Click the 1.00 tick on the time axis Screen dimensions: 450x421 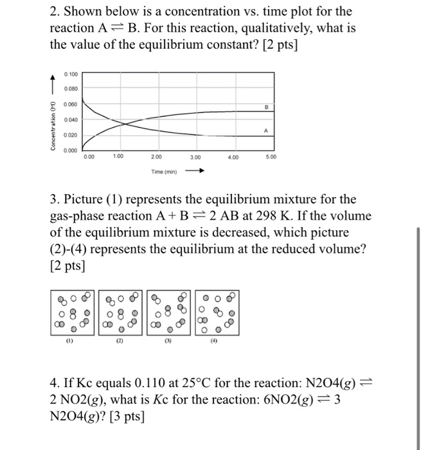118,156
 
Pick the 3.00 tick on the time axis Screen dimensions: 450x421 197,156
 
